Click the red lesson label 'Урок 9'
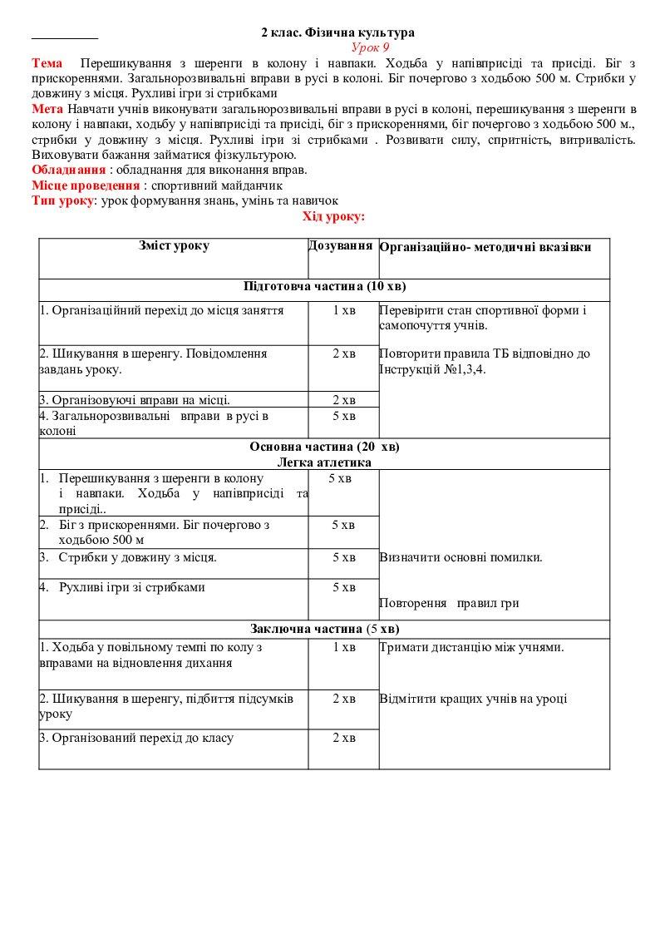364,47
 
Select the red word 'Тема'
47,63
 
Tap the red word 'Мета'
47,109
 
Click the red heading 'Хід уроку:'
333,216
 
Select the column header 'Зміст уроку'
174,246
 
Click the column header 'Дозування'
340,246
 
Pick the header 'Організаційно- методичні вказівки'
485,248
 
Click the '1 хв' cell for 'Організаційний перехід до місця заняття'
343,310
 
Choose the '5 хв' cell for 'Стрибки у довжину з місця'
343,557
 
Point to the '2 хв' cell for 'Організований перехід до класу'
343,738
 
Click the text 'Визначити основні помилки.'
461,557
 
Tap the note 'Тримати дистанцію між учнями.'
472,647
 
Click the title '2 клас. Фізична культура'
337,32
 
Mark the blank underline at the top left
64,37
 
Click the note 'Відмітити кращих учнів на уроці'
473,699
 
